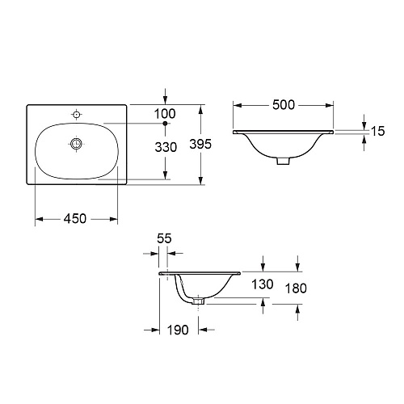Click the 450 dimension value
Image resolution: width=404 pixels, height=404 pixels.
click(x=75, y=218)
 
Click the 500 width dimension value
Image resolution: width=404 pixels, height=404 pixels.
click(x=284, y=105)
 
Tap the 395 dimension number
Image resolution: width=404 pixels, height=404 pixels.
click(x=200, y=144)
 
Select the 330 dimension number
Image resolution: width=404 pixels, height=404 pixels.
click(x=166, y=147)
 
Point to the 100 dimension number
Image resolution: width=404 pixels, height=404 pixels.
click(x=165, y=114)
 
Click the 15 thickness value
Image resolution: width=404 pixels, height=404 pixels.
click(x=378, y=131)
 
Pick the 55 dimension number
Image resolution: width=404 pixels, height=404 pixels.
click(x=164, y=238)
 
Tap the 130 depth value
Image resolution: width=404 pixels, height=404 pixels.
click(x=263, y=284)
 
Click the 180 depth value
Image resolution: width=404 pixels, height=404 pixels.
click(x=296, y=288)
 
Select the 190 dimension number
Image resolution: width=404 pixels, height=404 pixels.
click(x=178, y=330)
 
